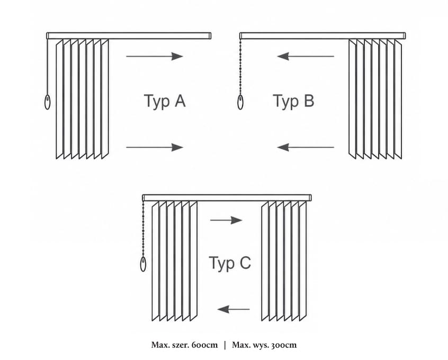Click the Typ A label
(165, 101)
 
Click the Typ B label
(293, 101)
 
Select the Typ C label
(230, 263)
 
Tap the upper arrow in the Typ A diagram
(155, 56)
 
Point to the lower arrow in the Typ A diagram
(155, 147)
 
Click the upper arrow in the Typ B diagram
(306, 56)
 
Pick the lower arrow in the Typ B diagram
(306, 147)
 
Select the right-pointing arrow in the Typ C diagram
(226, 220)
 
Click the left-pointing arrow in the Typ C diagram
(234, 309)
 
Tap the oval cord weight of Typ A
(48, 102)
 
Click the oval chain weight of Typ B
(240, 102)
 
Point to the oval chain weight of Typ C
(143, 264)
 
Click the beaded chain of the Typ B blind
(240, 67)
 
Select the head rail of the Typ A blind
(129, 35)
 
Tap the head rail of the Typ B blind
(322, 35)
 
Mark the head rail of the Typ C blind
(227, 197)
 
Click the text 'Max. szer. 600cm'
(185, 345)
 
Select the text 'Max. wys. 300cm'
(264, 345)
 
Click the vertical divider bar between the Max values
(225, 345)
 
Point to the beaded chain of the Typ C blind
(143, 229)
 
